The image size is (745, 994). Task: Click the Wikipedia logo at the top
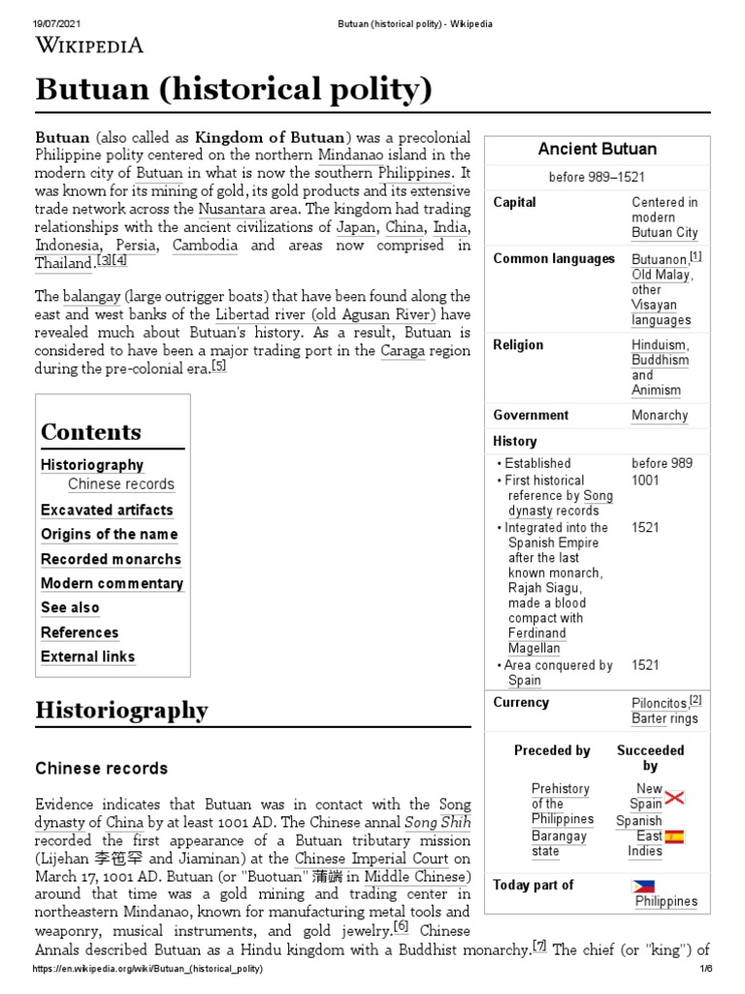(89, 44)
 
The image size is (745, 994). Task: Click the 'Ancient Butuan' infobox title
(597, 149)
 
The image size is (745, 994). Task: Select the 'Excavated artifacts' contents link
(107, 510)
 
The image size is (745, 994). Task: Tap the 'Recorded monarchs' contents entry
(111, 559)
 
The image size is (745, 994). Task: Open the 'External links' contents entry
(87, 656)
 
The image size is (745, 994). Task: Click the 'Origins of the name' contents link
(109, 534)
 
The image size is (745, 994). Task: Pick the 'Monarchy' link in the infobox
(660, 414)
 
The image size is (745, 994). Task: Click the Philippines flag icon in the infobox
(643, 885)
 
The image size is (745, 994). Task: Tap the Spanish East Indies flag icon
(674, 837)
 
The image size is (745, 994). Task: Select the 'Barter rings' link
(664, 718)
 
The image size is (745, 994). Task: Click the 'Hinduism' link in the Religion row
(660, 345)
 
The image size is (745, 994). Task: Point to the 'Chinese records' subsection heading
(102, 768)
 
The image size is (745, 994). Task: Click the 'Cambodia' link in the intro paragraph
(205, 246)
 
